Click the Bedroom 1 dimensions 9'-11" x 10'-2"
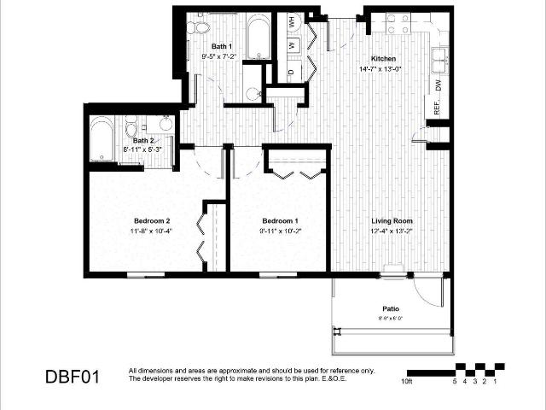tap(280, 231)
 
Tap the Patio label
tap(391, 309)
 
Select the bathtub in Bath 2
tap(103, 138)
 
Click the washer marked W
tap(292, 44)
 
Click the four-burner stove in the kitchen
tap(397, 23)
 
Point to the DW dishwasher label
tap(439, 86)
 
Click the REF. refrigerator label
tap(438, 106)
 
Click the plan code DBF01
tap(73, 376)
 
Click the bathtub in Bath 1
tap(258, 36)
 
